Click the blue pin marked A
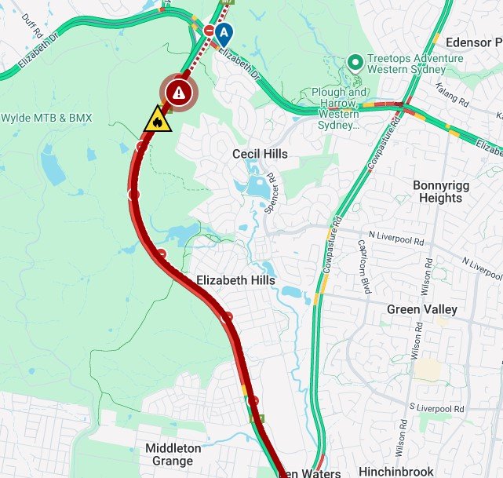[x=225, y=33]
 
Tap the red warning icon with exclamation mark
[x=180, y=93]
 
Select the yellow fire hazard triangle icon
[x=158, y=120]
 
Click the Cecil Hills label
[x=260, y=154]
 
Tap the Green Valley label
[x=421, y=310]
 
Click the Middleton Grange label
[x=173, y=455]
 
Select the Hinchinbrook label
[x=395, y=472]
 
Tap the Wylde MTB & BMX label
[x=46, y=119]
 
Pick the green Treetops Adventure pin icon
[x=355, y=60]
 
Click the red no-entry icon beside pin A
[x=209, y=30]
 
